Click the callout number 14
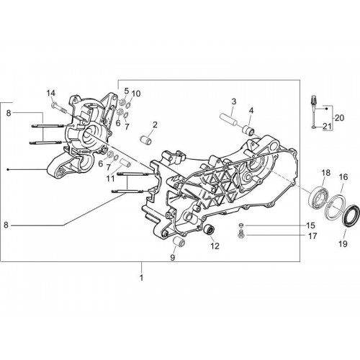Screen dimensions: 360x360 click(50, 93)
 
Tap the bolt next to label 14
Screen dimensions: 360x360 click(60, 109)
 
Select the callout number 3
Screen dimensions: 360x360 click(233, 102)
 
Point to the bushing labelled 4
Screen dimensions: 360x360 click(248, 131)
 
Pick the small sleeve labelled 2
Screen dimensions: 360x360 click(146, 140)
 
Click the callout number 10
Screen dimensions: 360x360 click(136, 94)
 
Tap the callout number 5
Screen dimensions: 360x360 click(127, 91)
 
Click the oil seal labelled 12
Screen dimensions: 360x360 click(209, 229)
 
